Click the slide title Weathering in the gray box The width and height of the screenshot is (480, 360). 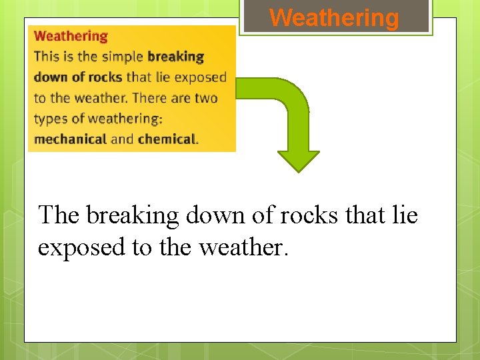click(x=334, y=17)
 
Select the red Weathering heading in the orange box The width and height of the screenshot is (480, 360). click(x=71, y=36)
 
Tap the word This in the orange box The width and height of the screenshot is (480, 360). click(x=46, y=57)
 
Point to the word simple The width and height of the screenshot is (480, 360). click(x=123, y=57)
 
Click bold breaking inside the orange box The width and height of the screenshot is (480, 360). click(x=175, y=57)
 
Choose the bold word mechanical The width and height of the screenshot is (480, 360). click(x=70, y=139)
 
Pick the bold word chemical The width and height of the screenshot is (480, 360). click(x=167, y=139)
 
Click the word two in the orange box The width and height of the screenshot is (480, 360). click(x=206, y=98)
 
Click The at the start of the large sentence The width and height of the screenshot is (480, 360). click(x=59, y=215)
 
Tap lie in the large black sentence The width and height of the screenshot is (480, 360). click(x=405, y=215)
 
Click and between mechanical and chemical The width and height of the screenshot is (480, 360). click(x=122, y=139)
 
